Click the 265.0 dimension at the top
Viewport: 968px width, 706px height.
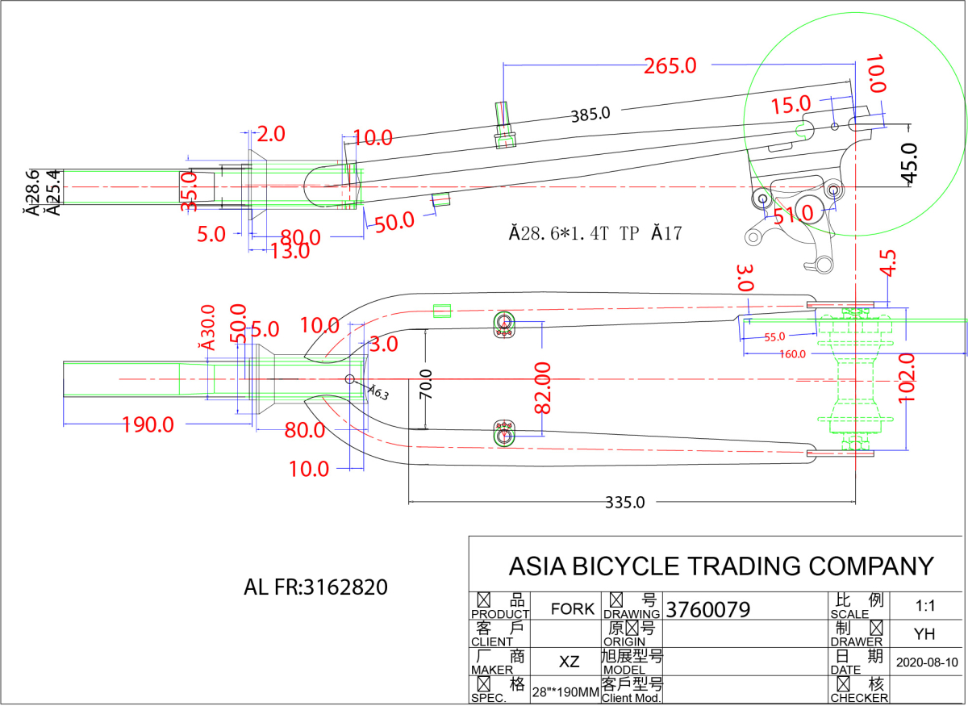coord(670,66)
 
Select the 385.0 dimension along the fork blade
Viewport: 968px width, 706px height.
coord(590,115)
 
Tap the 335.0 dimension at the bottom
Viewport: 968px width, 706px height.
coord(625,502)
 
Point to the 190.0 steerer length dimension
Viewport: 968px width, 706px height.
coord(148,424)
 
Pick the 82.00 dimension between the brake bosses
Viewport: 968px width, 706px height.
coord(542,388)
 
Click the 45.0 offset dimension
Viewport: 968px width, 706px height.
coord(908,164)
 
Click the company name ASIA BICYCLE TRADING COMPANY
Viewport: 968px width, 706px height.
coord(720,566)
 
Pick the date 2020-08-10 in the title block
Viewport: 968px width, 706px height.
coord(927,662)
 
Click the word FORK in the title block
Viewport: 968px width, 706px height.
coord(573,608)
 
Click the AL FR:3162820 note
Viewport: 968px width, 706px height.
coord(315,587)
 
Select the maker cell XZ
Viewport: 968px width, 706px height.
coord(570,662)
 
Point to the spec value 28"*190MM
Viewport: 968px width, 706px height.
coord(565,691)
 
